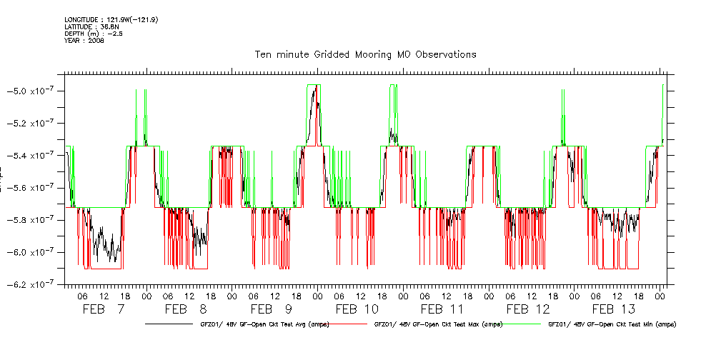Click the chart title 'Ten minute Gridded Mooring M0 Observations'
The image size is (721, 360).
click(365, 54)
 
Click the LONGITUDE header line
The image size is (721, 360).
click(111, 19)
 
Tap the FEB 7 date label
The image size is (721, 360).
click(104, 309)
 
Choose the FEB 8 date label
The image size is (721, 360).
click(186, 309)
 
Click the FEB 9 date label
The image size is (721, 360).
click(272, 309)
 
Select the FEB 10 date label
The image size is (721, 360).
click(357, 309)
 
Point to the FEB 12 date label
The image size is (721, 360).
click(528, 309)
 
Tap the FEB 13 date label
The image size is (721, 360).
click(614, 309)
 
